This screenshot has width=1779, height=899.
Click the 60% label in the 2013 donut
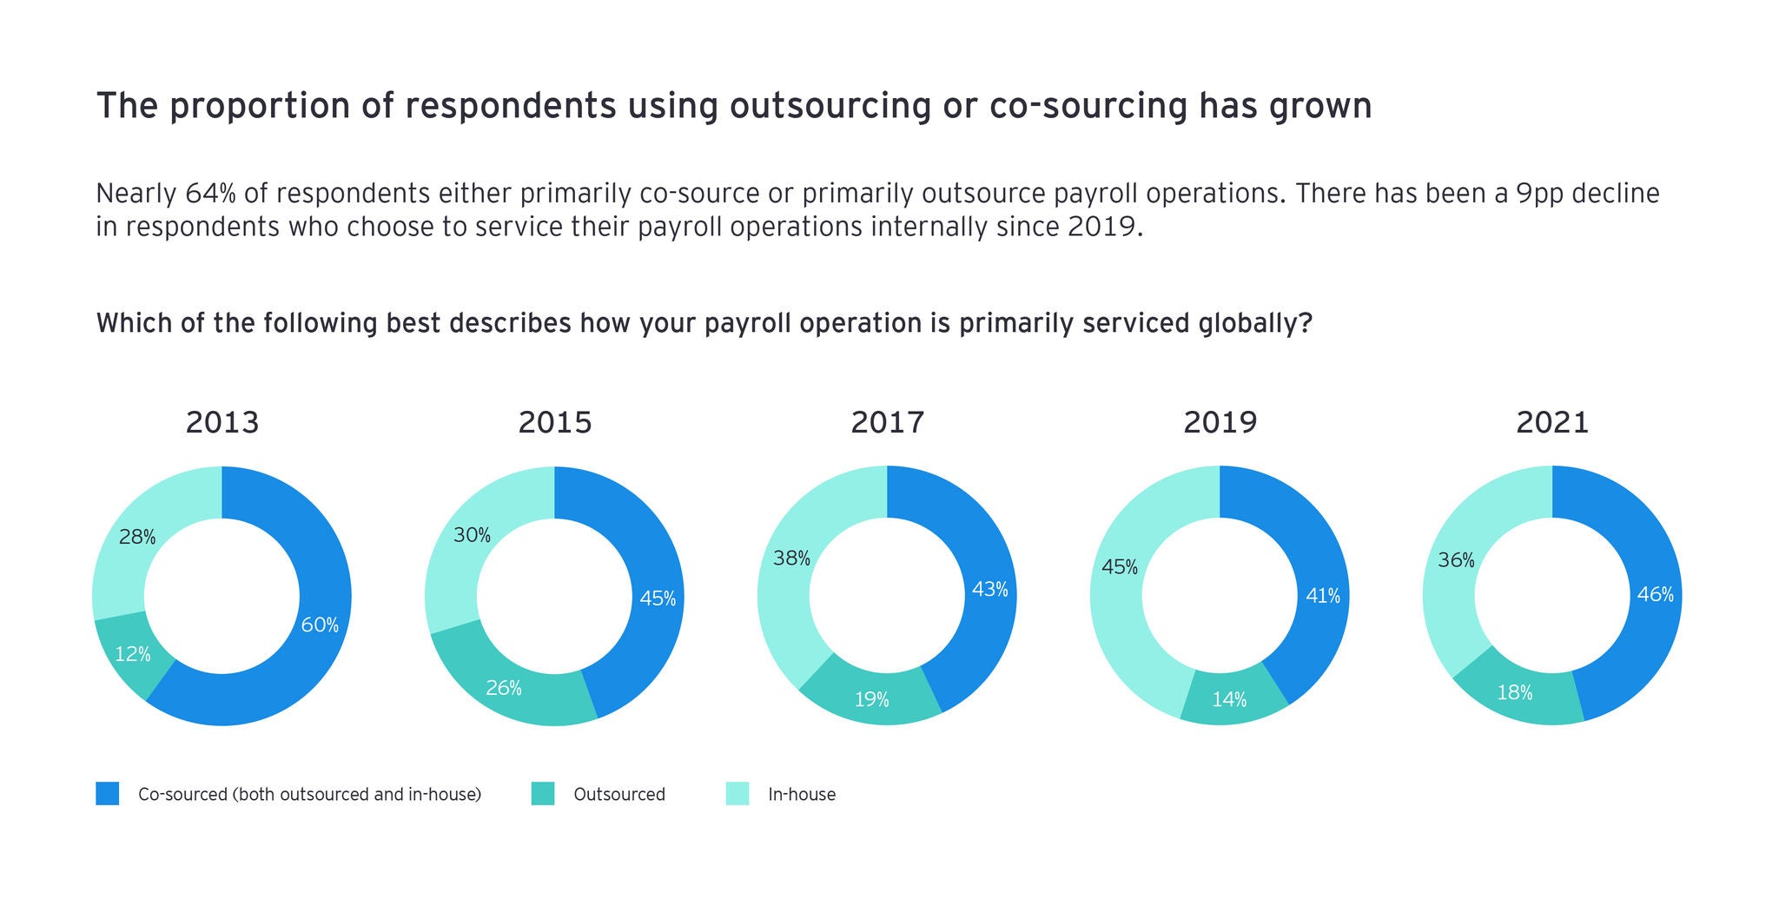320,625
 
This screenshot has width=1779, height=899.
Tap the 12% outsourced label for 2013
133,654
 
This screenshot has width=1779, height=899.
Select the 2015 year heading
555,423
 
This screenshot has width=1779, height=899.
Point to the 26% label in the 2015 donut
504,689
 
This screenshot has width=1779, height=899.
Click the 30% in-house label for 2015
473,535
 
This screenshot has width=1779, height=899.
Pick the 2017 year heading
887,423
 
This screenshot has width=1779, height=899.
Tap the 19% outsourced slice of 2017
871,699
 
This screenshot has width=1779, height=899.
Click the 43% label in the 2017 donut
989,590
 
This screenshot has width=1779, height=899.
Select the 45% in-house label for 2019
1120,567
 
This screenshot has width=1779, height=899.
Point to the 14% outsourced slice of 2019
1230,699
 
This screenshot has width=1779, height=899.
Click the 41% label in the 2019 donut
1323,596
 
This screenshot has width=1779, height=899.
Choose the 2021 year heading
1552,423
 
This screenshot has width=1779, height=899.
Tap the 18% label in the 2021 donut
1515,692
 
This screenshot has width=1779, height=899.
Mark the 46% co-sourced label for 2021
1655,595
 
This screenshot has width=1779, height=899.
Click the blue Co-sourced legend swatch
108,794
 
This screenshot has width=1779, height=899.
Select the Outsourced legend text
619,794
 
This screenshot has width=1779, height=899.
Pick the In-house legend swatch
737,794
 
